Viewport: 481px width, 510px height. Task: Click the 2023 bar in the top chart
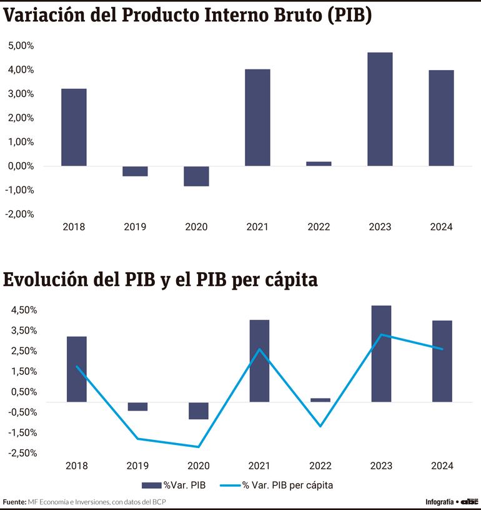380,109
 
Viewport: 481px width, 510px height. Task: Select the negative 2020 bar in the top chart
196,176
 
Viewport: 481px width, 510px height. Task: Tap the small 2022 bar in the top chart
319,163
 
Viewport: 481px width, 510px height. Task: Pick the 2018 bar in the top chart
74,127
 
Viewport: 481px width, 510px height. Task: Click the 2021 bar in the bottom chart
259,360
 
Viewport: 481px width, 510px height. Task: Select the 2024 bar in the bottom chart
442,361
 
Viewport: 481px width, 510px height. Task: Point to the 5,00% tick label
21,46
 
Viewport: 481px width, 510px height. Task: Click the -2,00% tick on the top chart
21,214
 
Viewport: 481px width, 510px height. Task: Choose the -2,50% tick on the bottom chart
23,453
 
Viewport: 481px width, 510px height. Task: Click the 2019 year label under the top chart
135,227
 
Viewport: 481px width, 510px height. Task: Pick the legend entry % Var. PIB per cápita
287,485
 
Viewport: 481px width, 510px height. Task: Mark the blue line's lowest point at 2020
198,447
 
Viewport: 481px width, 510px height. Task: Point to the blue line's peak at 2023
381,335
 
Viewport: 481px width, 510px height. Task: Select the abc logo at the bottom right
469,502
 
